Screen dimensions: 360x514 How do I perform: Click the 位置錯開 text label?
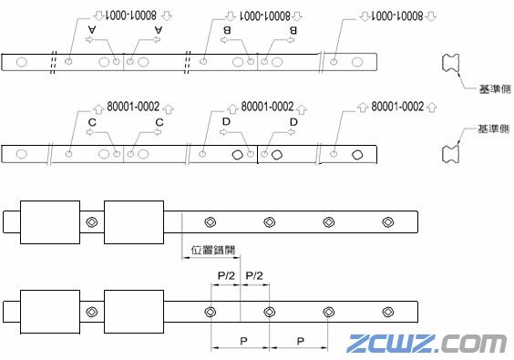point(211,250)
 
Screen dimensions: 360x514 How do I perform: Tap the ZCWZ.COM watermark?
point(427,344)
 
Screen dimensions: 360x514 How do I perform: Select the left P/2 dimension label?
point(225,274)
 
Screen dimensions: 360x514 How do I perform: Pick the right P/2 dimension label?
point(254,274)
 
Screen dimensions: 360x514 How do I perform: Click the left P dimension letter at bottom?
point(240,339)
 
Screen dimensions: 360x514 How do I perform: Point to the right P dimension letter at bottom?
point(298,339)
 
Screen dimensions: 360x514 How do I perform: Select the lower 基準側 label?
point(492,130)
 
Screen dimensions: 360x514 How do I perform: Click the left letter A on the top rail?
point(91,30)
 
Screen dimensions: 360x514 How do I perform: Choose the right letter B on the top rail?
point(293,30)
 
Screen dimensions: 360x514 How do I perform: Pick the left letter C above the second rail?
point(91,122)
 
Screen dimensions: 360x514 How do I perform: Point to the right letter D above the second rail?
point(293,122)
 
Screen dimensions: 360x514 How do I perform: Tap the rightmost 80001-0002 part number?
point(398,106)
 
